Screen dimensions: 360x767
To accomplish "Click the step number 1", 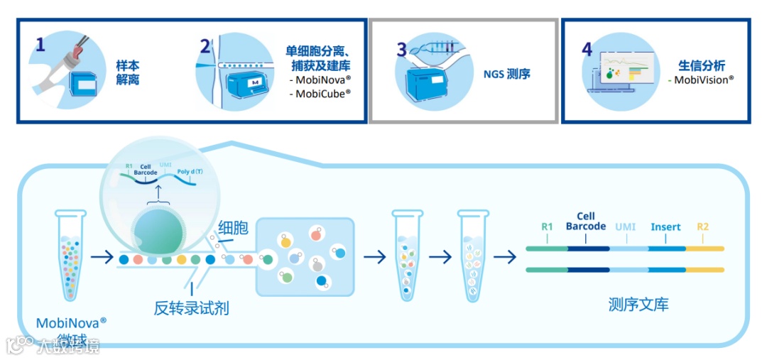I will (40, 45).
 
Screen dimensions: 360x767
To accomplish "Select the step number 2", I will (206, 47).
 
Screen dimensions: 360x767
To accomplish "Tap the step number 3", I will (402, 50).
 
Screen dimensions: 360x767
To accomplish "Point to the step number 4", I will (587, 49).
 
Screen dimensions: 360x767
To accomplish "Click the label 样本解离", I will (128, 73).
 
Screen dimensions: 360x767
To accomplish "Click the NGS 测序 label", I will (508, 73).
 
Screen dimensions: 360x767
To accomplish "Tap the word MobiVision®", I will (703, 80).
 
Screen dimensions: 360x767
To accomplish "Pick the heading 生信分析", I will (702, 66).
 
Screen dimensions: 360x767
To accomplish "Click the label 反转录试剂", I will (192, 308).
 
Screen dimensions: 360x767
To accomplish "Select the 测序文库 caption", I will (638, 305).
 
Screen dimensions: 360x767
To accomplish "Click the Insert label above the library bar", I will (665, 227).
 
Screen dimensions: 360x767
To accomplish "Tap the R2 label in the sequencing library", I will (702, 227).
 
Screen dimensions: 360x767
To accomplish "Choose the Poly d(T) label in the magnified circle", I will (190, 171).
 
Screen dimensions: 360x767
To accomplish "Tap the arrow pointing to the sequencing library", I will (505, 256).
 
